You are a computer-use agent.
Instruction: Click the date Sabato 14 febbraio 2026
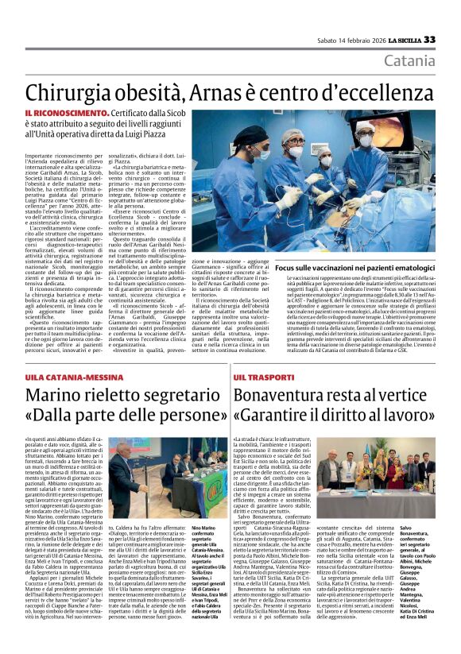pos(354,40)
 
